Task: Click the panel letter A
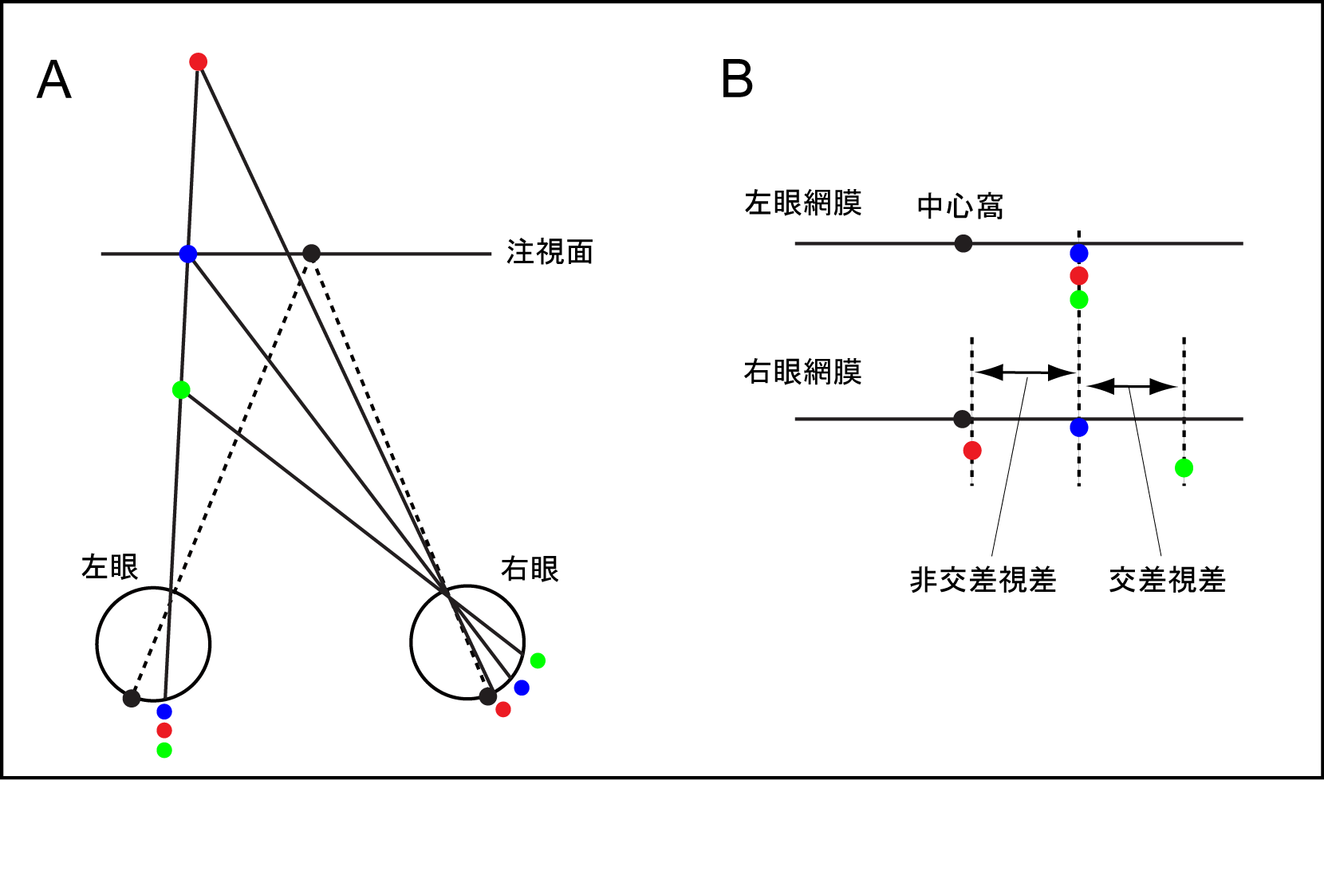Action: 54,80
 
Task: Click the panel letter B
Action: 736,80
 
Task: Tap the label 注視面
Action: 550,252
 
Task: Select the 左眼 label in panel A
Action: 110,567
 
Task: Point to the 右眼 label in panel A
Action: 530,569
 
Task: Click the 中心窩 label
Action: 960,206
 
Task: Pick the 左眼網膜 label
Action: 802,203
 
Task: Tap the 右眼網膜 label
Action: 802,372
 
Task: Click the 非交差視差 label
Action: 983,580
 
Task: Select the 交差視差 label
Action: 1167,580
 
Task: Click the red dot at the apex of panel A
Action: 199,61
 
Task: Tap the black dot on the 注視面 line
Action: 312,254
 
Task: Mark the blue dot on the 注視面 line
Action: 188,254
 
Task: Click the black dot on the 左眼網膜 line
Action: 963,243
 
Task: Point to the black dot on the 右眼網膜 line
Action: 963,419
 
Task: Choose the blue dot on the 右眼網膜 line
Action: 1079,428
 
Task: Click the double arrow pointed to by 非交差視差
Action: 1026,372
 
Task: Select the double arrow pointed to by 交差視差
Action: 1131,387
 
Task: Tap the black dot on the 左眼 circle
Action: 132,699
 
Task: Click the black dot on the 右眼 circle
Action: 488,696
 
